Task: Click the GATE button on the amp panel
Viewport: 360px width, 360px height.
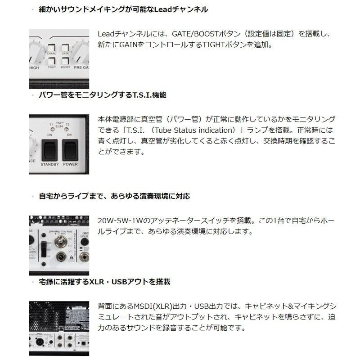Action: coord(65,47)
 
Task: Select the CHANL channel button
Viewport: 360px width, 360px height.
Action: coord(52,47)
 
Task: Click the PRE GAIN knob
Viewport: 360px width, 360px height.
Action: coord(84,54)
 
